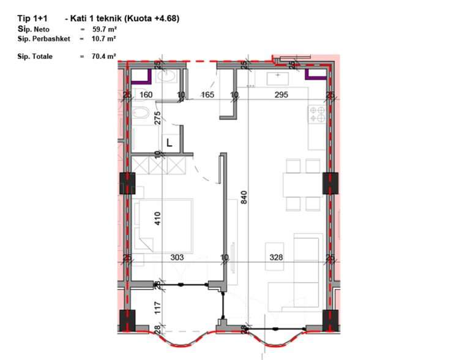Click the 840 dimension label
click(x=244, y=197)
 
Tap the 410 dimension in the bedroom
click(x=158, y=218)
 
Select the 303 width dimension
click(x=177, y=257)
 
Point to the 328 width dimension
click(x=276, y=257)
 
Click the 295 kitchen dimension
click(x=281, y=95)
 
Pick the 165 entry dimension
click(x=207, y=95)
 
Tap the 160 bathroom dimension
click(x=146, y=95)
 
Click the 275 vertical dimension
click(x=158, y=118)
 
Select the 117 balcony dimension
click(x=158, y=308)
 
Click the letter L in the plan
click(x=170, y=143)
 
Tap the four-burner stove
click(x=317, y=114)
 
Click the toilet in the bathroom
click(x=140, y=113)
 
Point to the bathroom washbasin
click(x=166, y=76)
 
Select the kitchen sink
click(x=278, y=78)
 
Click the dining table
click(x=303, y=185)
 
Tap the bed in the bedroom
click(x=163, y=225)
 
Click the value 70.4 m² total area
click(x=104, y=56)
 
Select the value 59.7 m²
click(x=105, y=29)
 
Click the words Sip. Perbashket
click(x=44, y=39)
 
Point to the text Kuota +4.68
click(x=152, y=18)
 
